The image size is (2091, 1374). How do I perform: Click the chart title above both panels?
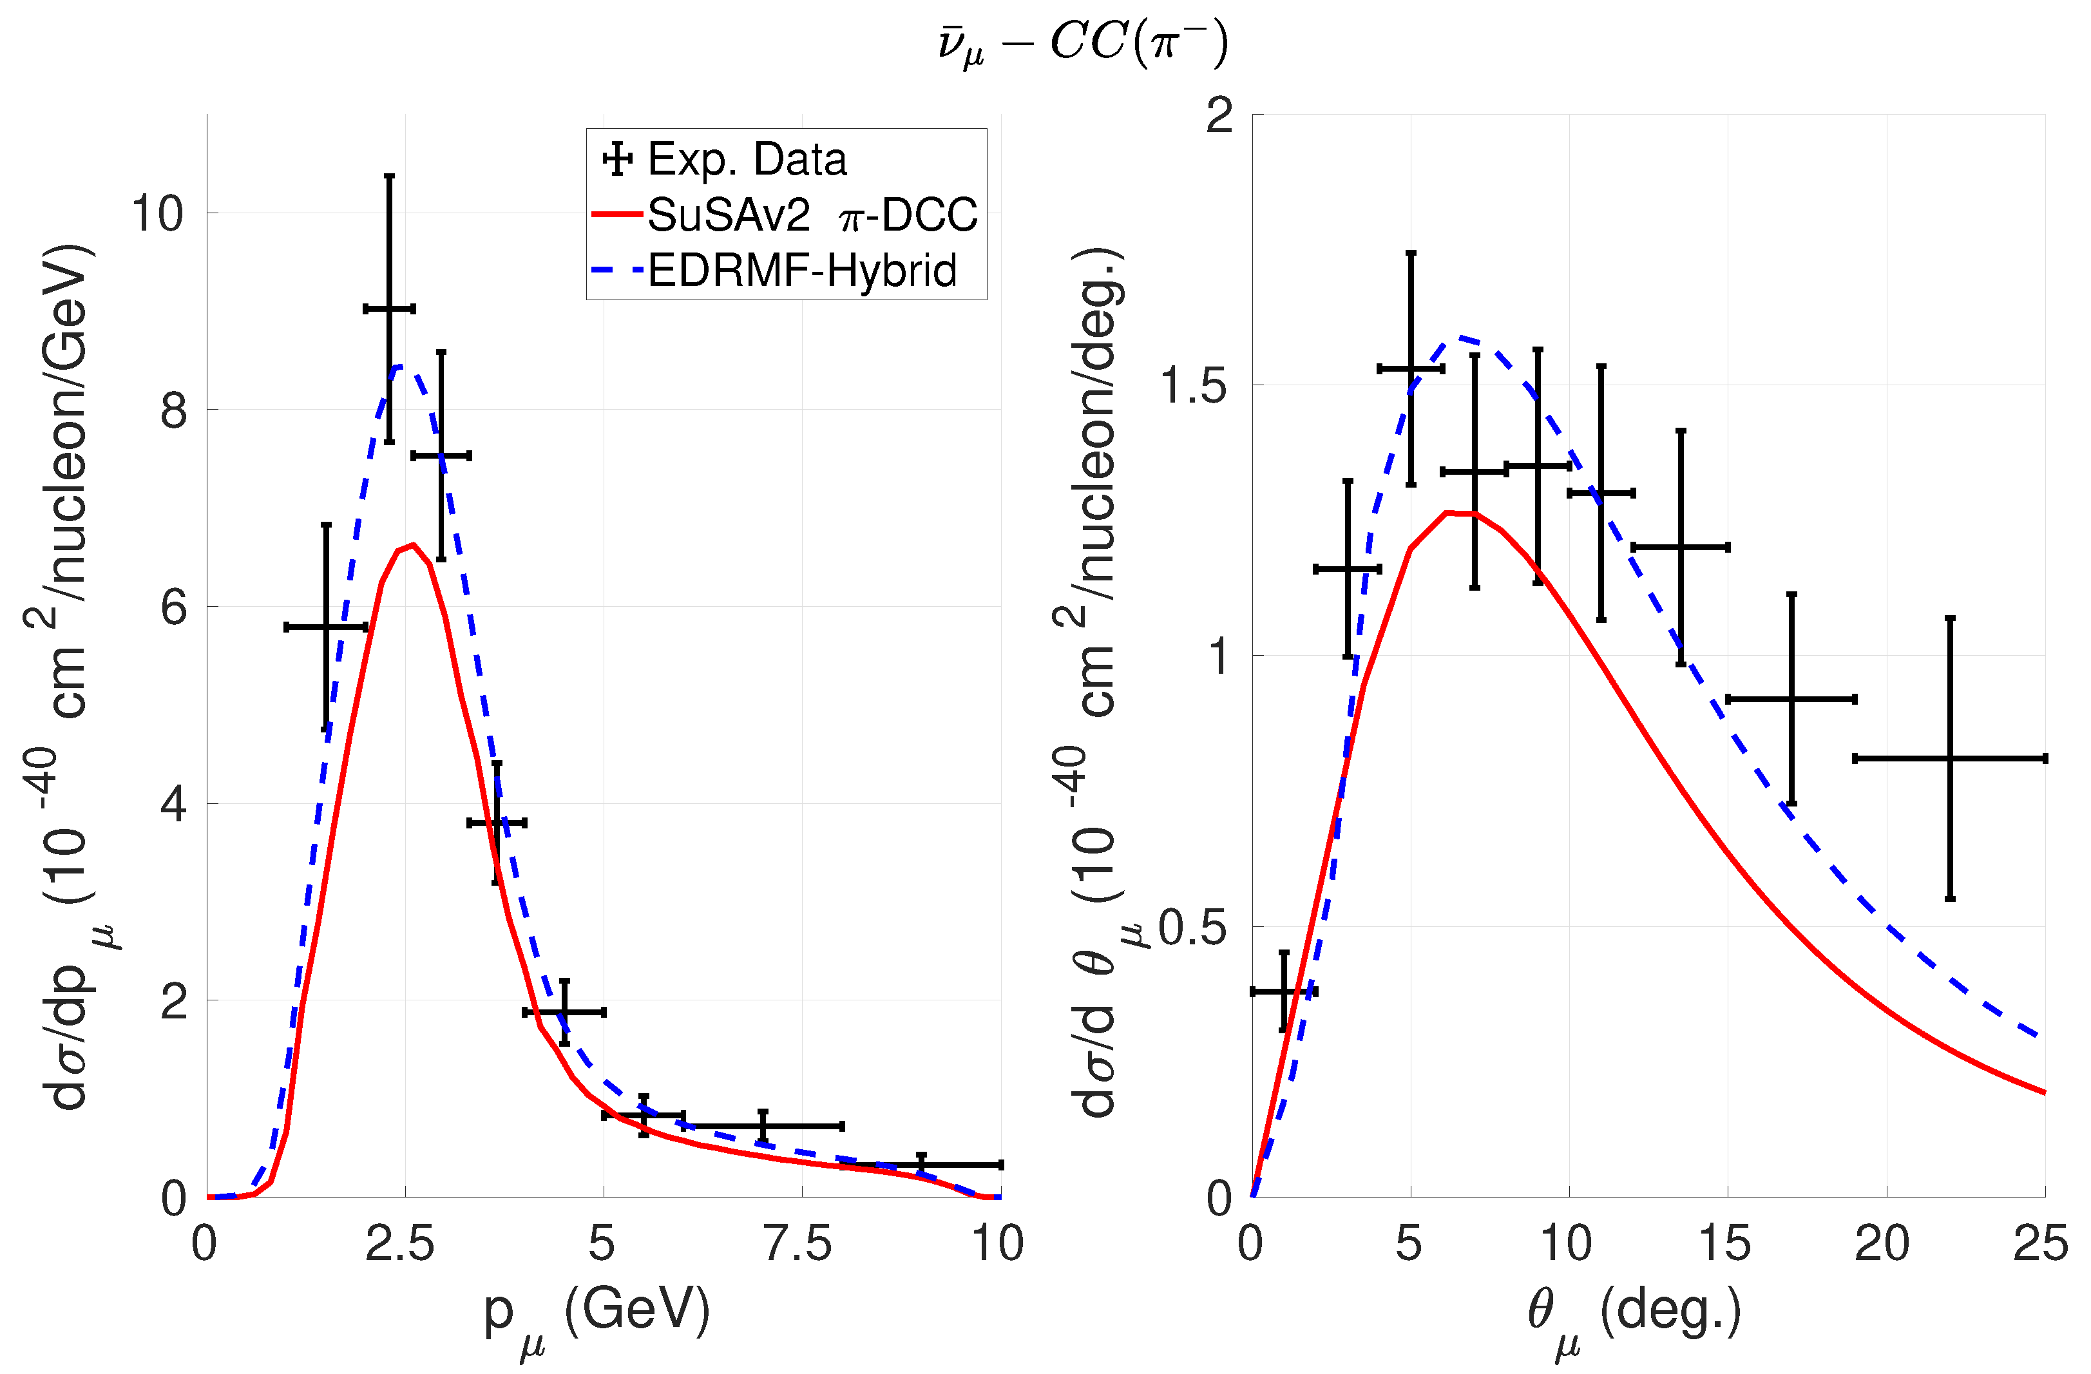point(1082,44)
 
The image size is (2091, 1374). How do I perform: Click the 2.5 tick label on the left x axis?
point(401,1244)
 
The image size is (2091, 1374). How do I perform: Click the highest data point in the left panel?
point(389,309)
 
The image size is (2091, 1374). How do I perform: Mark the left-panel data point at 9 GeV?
point(921,1165)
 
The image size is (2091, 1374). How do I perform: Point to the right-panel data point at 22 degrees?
point(1949,758)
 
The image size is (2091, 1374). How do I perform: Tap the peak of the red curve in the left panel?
point(413,545)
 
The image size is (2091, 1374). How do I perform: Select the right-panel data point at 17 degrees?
point(1791,700)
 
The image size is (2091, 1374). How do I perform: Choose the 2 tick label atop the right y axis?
point(1220,115)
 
